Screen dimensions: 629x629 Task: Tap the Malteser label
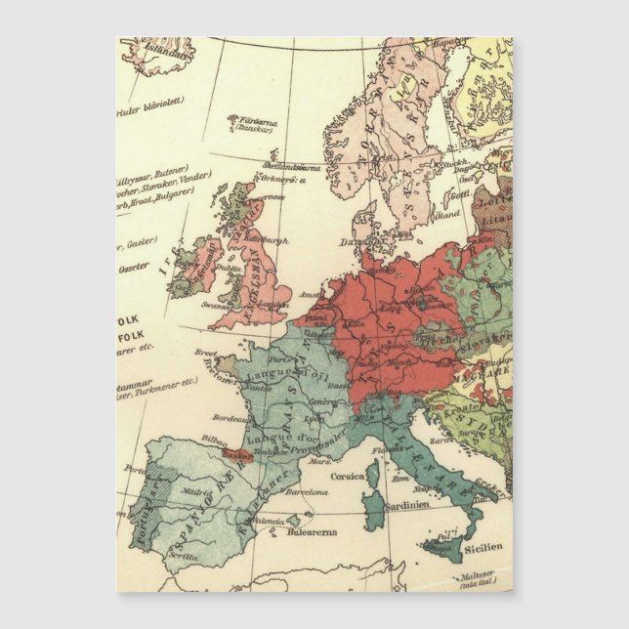click(484, 576)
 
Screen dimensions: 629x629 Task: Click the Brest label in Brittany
click(203, 352)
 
